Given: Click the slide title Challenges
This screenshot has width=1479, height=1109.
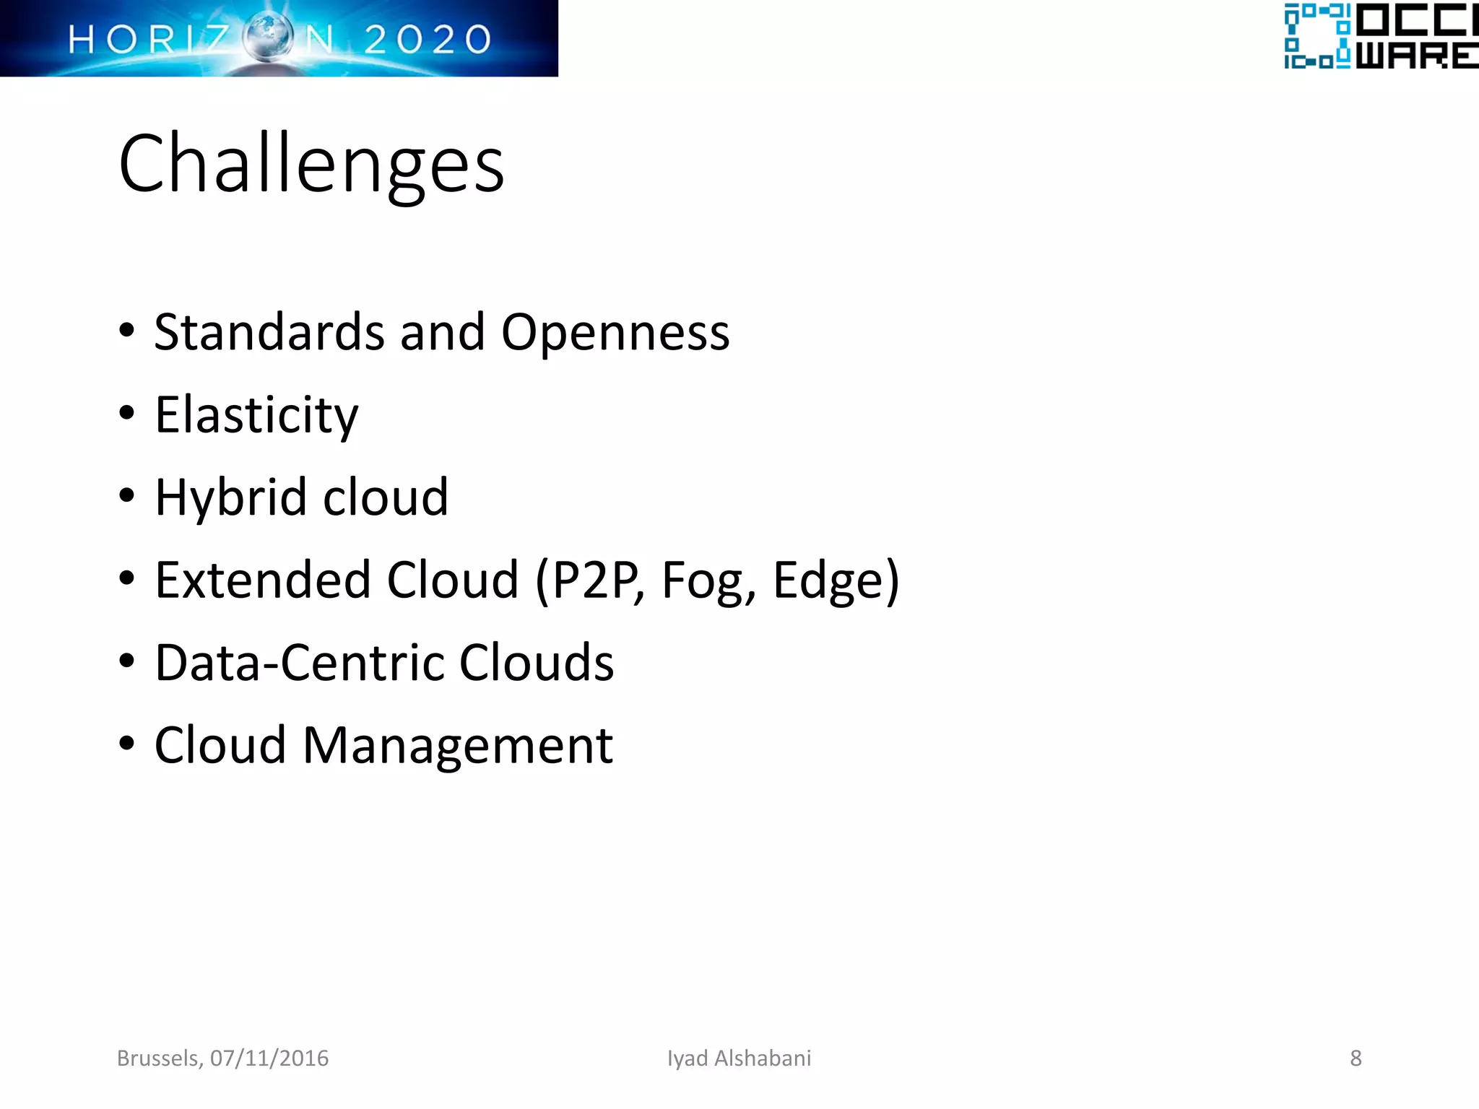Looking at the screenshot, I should click(x=311, y=164).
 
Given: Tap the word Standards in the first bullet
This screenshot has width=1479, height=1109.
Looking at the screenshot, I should click(x=269, y=332).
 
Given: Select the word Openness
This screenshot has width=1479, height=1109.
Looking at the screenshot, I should click(x=615, y=332).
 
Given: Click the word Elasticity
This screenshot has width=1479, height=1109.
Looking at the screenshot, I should click(x=256, y=416).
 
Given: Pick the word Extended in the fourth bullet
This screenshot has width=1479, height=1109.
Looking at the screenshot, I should click(x=264, y=580).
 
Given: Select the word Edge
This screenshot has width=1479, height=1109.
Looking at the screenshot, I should click(x=827, y=581).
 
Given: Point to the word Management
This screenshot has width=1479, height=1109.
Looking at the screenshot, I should click(x=458, y=746).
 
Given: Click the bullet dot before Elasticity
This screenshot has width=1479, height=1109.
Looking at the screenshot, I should click(x=127, y=414).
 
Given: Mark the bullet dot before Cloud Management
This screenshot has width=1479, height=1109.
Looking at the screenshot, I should click(x=127, y=743).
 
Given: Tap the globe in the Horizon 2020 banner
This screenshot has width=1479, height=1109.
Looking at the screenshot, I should click(x=268, y=38).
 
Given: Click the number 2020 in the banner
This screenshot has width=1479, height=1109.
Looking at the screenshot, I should click(x=428, y=39).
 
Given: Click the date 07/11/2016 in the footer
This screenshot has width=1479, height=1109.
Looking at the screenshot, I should click(x=269, y=1058).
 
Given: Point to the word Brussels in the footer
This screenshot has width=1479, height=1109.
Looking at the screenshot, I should click(x=159, y=1058).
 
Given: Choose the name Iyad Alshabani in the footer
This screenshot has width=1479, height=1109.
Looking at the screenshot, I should click(x=739, y=1058).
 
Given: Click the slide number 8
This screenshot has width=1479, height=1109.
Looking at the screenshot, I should click(x=1356, y=1058).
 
